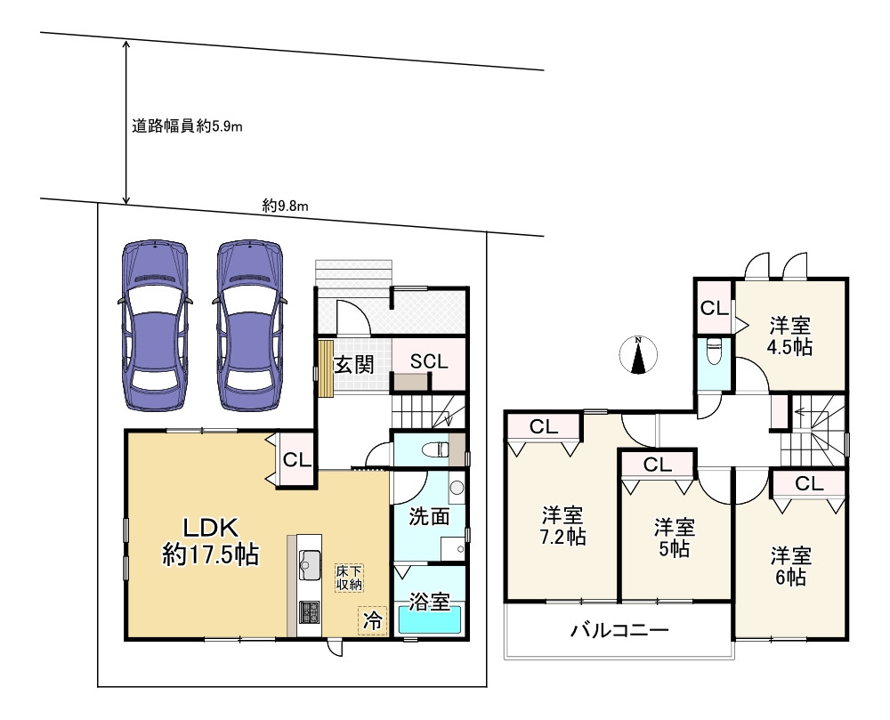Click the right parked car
pos(250,327)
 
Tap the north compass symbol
pos(638,355)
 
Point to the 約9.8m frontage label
pos(285,206)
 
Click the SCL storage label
pos(428,361)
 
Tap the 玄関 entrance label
pos(353,363)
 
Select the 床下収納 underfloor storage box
pos(349,578)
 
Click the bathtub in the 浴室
pos(430,619)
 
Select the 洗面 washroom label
pos(428,516)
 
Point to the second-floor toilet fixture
pos(712,353)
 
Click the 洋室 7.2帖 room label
pos(562,526)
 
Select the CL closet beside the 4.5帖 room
pos(712,309)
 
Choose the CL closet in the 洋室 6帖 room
pos(808,484)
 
